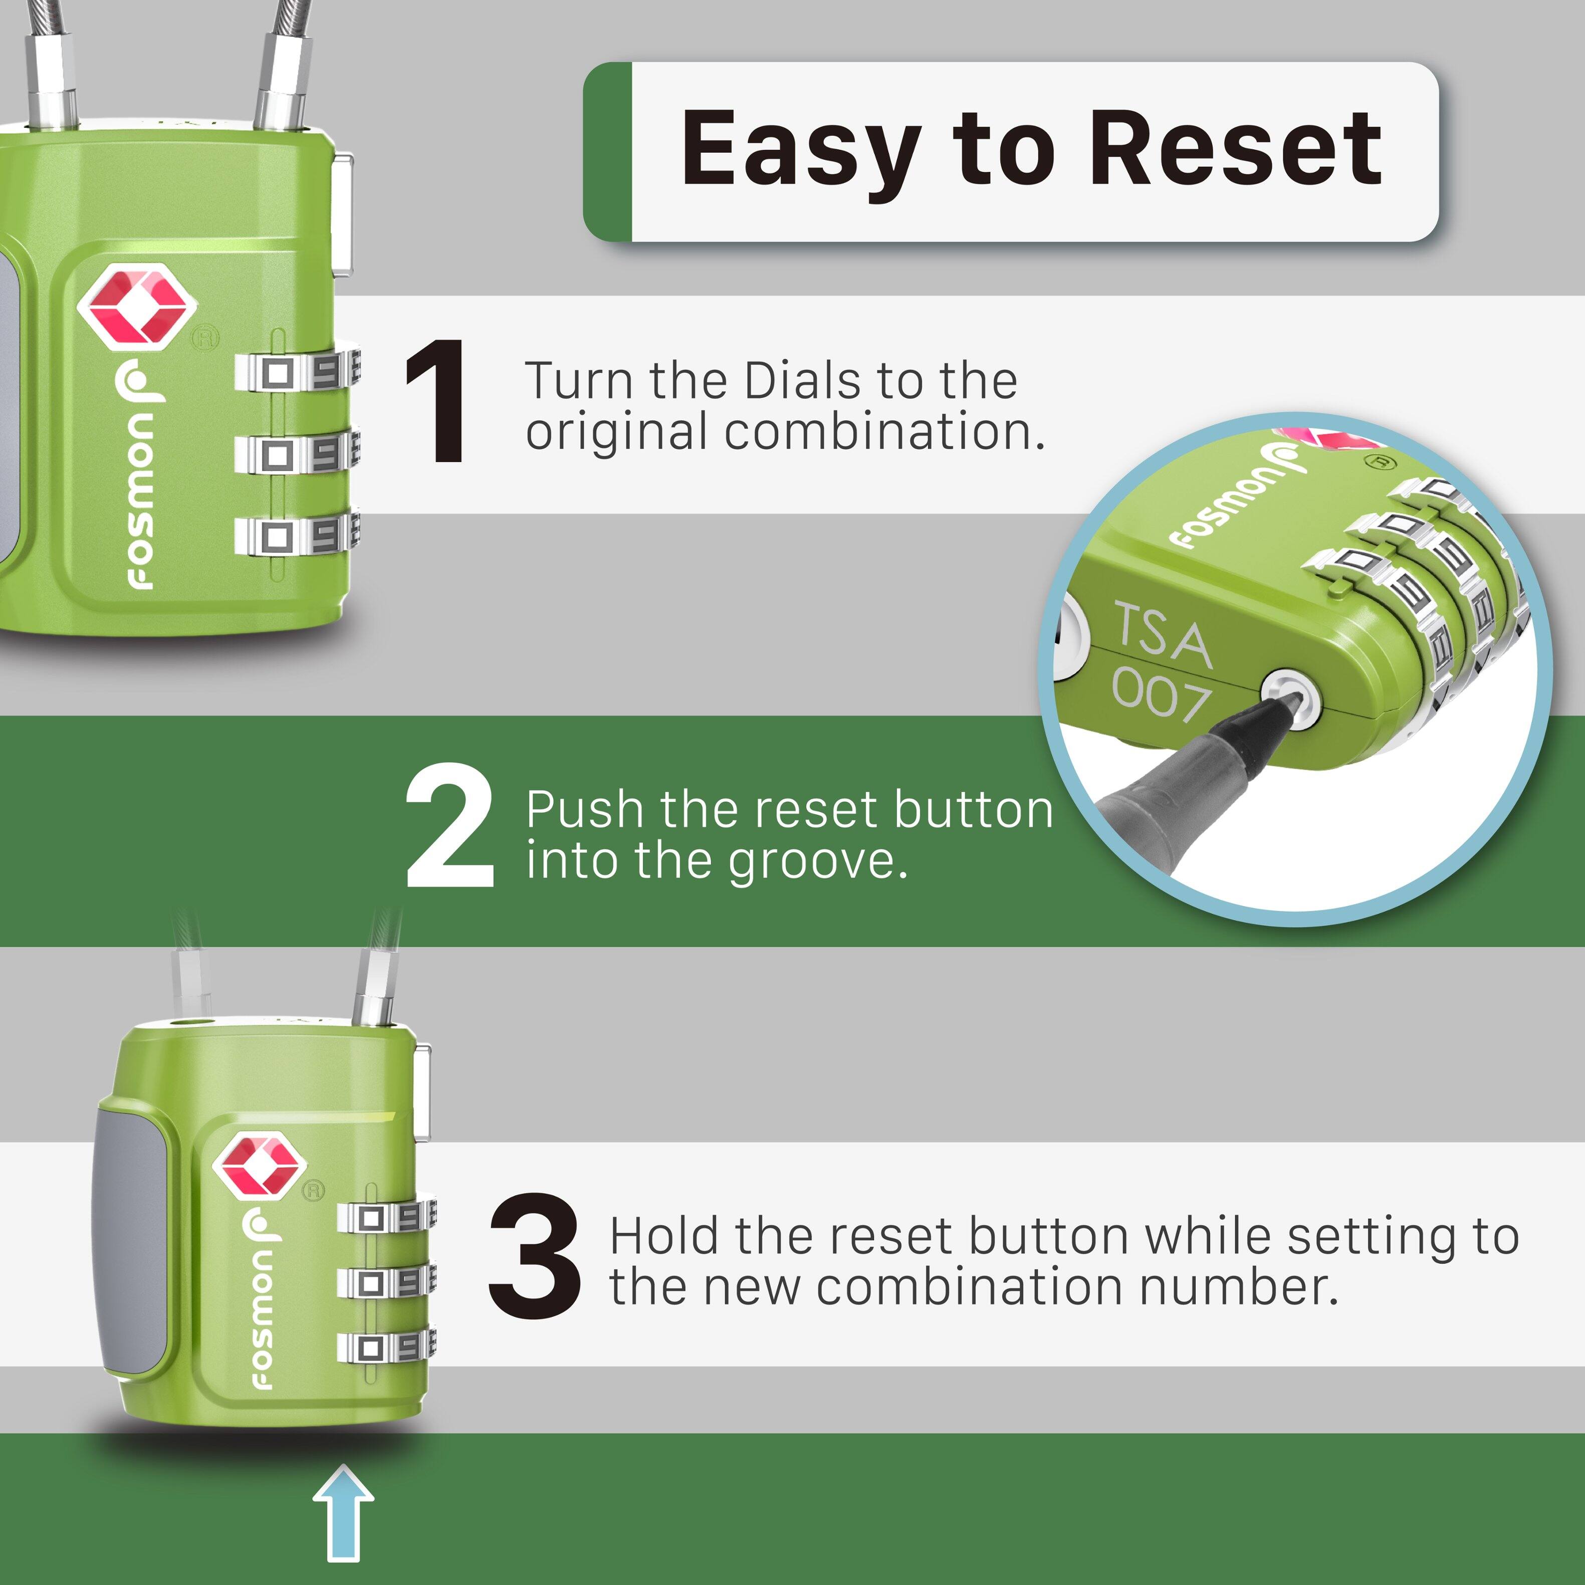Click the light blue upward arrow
[x=343, y=1514]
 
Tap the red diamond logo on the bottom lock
[x=259, y=1166]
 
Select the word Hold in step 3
[x=664, y=1237]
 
